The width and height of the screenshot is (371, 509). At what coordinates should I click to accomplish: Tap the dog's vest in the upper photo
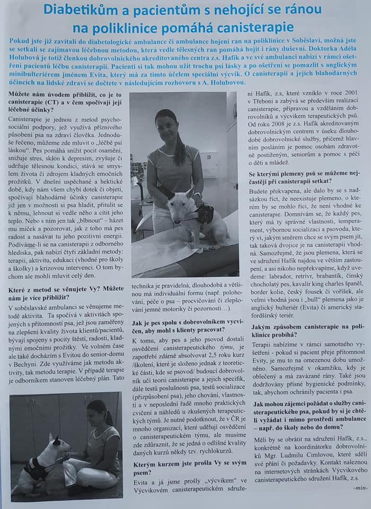click(x=204, y=215)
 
